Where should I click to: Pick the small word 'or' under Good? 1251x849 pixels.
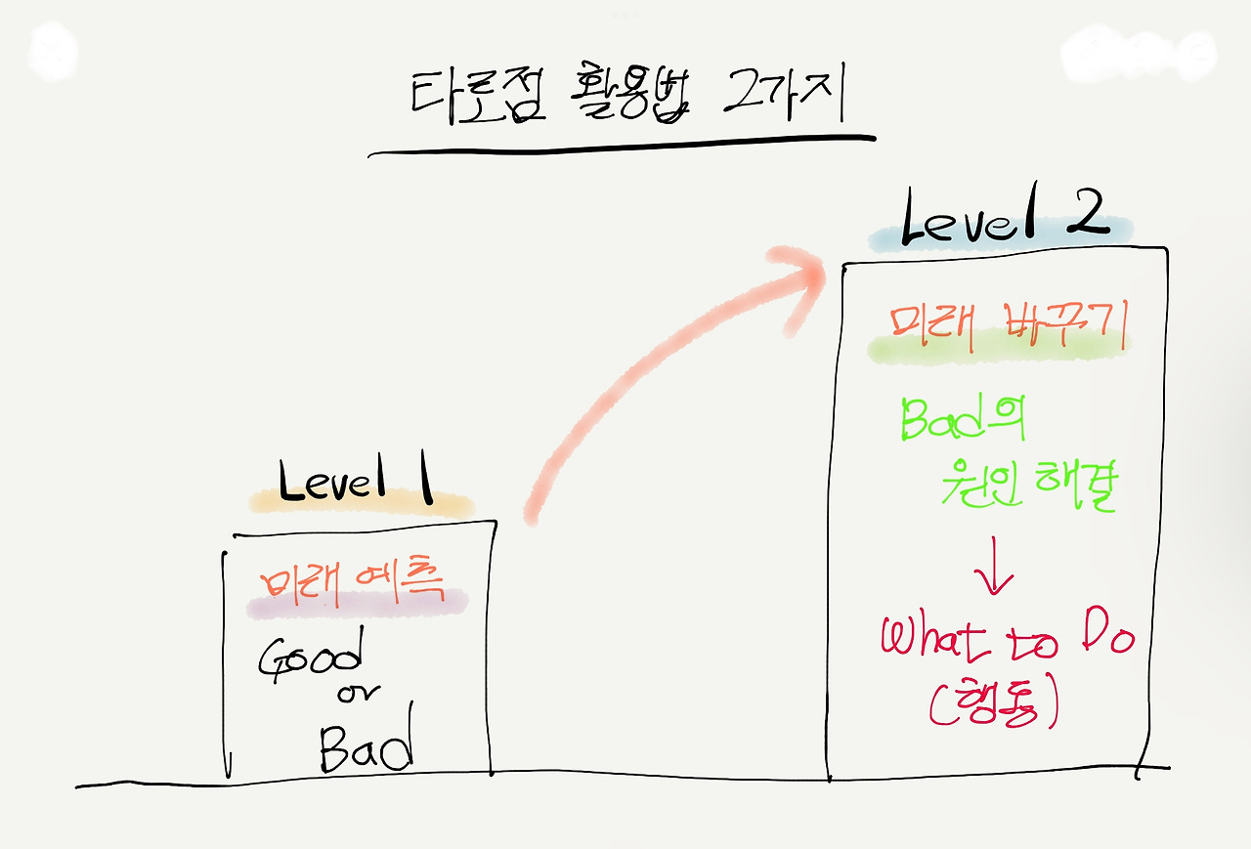(x=359, y=695)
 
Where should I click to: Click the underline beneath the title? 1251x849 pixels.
(x=621, y=147)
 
